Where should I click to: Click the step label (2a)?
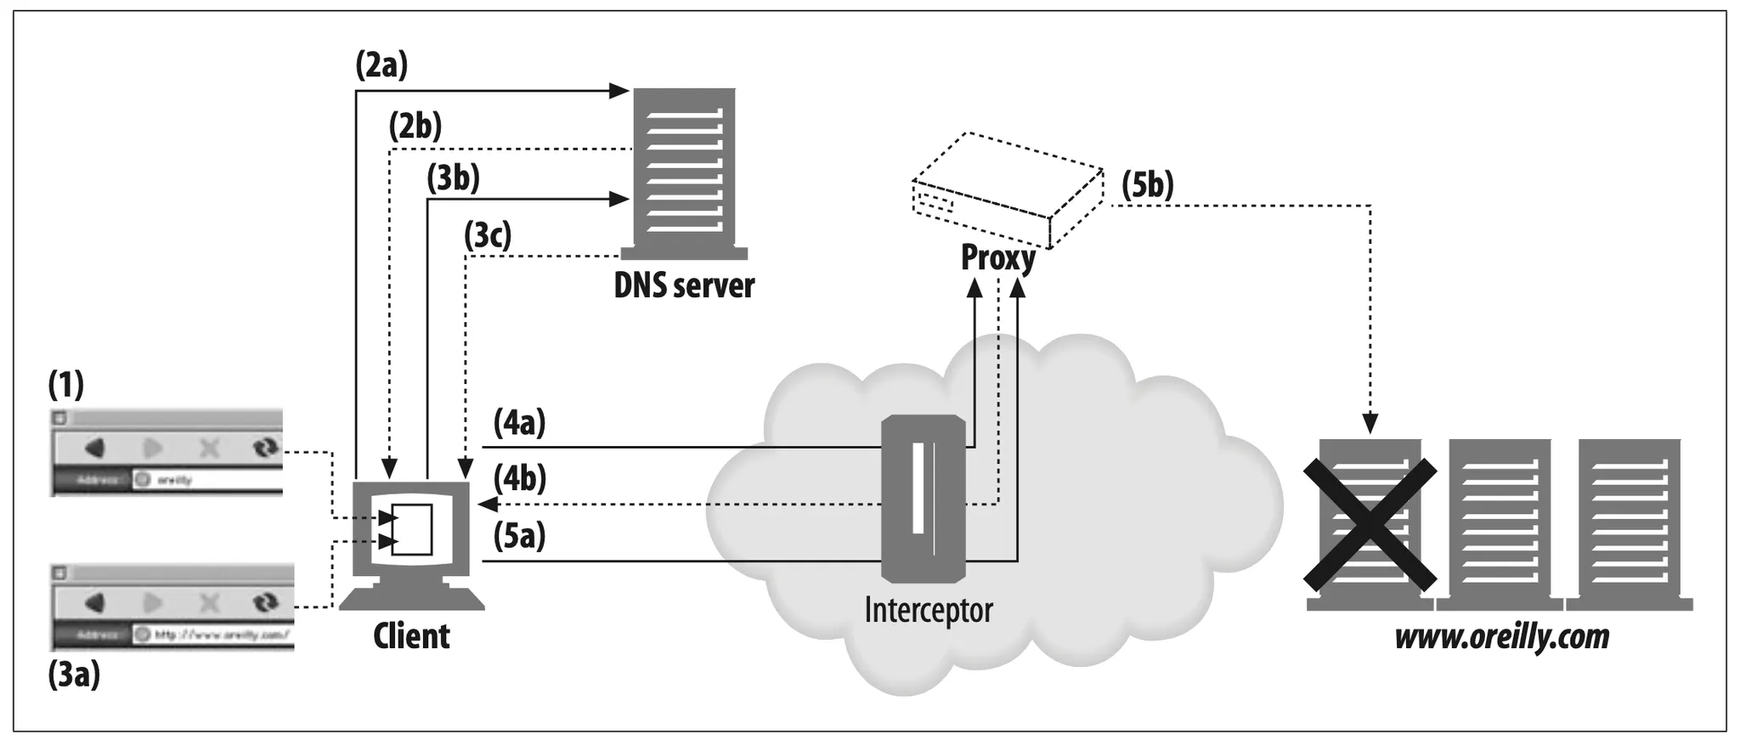[x=381, y=65]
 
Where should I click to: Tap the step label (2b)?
[x=415, y=127]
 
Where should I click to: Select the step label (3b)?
[x=453, y=178]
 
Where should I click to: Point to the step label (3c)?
[x=488, y=235]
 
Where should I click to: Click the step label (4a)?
[x=519, y=422]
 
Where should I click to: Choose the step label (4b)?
[x=520, y=479]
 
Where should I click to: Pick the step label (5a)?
[x=519, y=536]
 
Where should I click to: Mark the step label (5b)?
[x=1148, y=184]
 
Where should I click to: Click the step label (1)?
[x=66, y=385]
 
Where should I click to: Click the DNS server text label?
[x=684, y=286]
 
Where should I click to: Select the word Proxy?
[x=997, y=257]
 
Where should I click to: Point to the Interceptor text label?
[x=929, y=610]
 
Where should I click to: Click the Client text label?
[x=411, y=636]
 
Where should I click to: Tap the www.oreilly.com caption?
[x=1501, y=636]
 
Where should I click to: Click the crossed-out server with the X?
[x=1370, y=524]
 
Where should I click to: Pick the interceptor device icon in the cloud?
[x=923, y=497]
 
